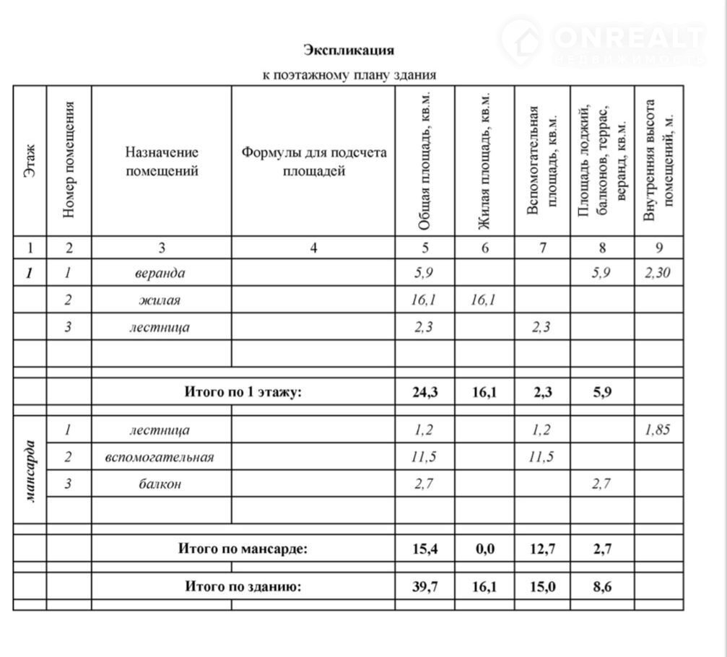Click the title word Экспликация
[x=349, y=50]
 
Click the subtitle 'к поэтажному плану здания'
[x=349, y=74]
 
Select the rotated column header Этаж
[x=30, y=162]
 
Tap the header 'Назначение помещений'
[x=162, y=162]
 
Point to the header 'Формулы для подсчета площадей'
[x=313, y=162]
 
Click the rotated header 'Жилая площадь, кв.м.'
[x=484, y=162]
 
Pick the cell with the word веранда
[x=160, y=273]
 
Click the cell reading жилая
[x=160, y=300]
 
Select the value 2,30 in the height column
[x=658, y=273]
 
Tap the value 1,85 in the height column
[x=658, y=430]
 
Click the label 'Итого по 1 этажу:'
[x=242, y=392]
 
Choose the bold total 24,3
[x=425, y=392]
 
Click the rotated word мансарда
[x=30, y=470]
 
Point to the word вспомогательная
[x=160, y=457]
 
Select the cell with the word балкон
[x=160, y=484]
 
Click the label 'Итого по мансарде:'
[x=243, y=549]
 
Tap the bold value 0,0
[x=484, y=549]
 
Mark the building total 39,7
[x=425, y=586]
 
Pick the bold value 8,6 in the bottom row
[x=602, y=586]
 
